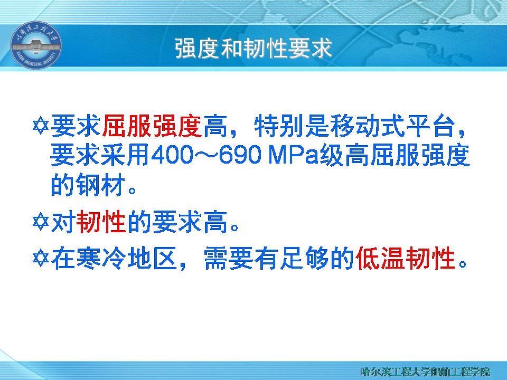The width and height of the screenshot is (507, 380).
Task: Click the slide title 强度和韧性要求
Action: pyautogui.click(x=253, y=49)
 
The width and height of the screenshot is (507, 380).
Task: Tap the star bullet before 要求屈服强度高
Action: pyautogui.click(x=41, y=126)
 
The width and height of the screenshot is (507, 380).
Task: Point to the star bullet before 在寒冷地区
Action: pyautogui.click(x=41, y=258)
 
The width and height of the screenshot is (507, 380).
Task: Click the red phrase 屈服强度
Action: pyautogui.click(x=152, y=126)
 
